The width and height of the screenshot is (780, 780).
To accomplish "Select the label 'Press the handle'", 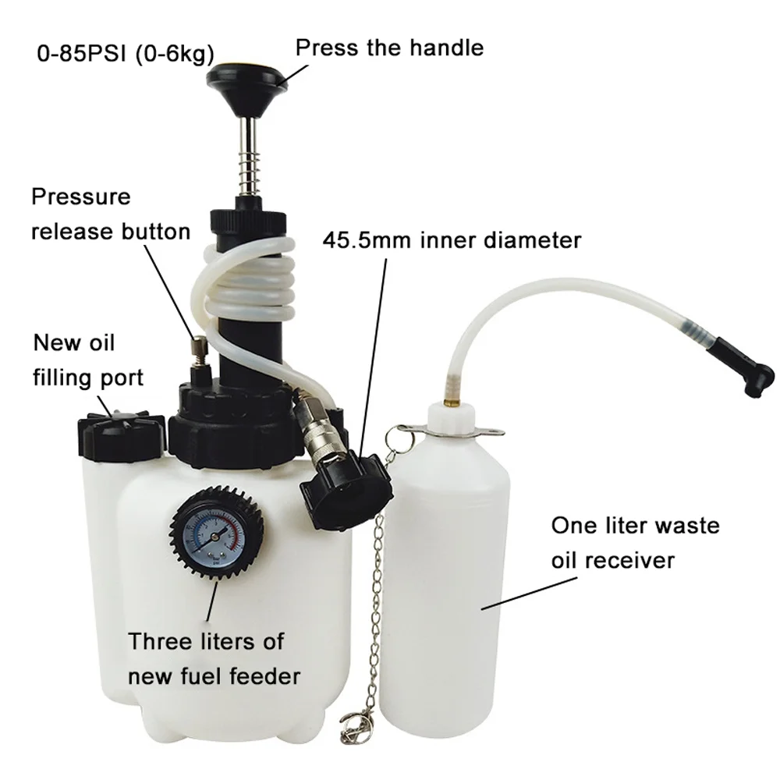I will pos(389,48).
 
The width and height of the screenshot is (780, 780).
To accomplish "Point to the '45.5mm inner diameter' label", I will pos(452,239).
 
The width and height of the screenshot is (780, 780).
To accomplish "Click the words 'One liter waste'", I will pos(635,525).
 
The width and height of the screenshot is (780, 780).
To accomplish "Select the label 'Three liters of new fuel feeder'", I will pos(213,658).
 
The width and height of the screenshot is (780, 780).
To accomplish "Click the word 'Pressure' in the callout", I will pos(81,196).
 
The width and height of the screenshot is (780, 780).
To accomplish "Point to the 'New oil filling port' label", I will pos(87,360).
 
